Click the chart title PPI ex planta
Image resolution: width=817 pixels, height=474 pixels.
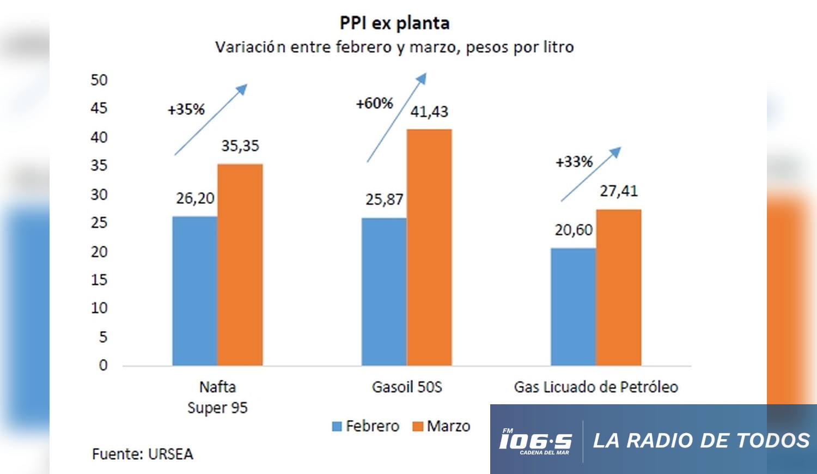394,23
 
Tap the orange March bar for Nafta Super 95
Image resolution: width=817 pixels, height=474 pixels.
240,264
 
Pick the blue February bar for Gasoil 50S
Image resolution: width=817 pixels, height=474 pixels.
383,291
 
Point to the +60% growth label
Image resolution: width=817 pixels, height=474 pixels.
374,103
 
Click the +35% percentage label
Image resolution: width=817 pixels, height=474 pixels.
186,110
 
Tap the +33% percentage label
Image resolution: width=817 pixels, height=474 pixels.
574,162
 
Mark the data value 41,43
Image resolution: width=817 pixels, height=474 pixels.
429,112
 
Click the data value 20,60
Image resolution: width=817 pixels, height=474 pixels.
574,230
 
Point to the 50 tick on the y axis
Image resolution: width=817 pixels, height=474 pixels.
99,80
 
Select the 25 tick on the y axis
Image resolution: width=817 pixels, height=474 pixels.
99,223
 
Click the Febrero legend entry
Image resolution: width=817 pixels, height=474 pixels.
365,426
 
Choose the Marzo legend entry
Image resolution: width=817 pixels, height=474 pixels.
441,426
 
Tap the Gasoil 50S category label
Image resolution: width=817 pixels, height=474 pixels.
407,387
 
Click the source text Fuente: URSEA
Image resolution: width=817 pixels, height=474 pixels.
143,454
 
